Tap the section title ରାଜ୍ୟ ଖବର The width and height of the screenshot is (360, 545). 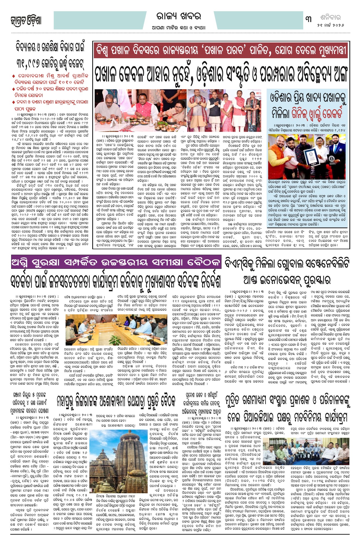pos(179,17)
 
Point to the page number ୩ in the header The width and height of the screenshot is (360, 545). pos(309,19)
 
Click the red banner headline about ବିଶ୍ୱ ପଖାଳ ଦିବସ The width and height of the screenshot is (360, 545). pos(221,51)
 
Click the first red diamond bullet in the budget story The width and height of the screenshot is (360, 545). pos(14,75)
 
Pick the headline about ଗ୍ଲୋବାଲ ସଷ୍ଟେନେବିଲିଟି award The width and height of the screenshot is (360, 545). pos(287,271)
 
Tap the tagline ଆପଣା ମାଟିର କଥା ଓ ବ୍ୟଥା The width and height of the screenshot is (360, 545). pos(179,27)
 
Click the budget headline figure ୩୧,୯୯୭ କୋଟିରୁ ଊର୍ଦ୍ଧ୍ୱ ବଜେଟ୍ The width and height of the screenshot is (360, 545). pos(49,63)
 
